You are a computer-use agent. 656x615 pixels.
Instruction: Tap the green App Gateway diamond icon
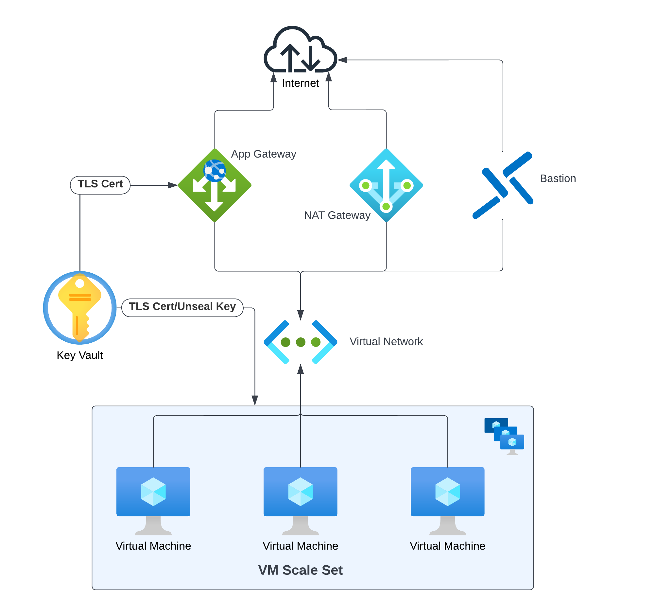coord(215,185)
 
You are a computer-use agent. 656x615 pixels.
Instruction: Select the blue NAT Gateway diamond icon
coord(387,185)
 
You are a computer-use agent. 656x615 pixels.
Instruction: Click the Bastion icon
coord(503,185)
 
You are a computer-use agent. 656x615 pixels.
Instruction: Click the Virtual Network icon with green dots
coord(301,342)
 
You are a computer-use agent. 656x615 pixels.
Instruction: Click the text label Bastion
coord(558,179)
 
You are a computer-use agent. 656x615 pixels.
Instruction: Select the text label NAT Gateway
coord(337,215)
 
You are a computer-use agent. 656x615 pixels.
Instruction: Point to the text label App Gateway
coord(264,154)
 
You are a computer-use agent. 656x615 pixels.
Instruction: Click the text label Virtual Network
coord(387,342)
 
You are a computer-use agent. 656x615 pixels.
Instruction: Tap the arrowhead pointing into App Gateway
coord(173,185)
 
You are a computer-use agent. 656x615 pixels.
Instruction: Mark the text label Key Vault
coord(80,356)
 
